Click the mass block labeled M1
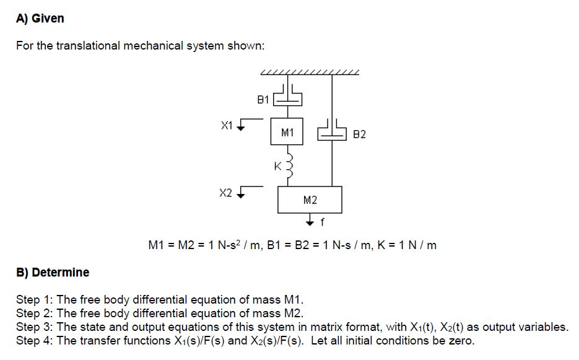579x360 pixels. (x=287, y=132)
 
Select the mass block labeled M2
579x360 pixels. (x=310, y=200)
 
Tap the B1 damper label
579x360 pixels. (x=263, y=99)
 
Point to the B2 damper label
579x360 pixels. (x=359, y=134)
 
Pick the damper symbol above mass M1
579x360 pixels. (x=287, y=97)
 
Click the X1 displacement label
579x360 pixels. (x=227, y=125)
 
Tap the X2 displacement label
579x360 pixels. (x=226, y=192)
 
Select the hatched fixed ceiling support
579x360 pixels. (x=310, y=72)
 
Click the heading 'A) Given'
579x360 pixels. (x=40, y=19)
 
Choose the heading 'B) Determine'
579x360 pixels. (x=53, y=273)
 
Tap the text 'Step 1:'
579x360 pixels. (x=34, y=300)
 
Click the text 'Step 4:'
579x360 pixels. (x=34, y=341)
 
